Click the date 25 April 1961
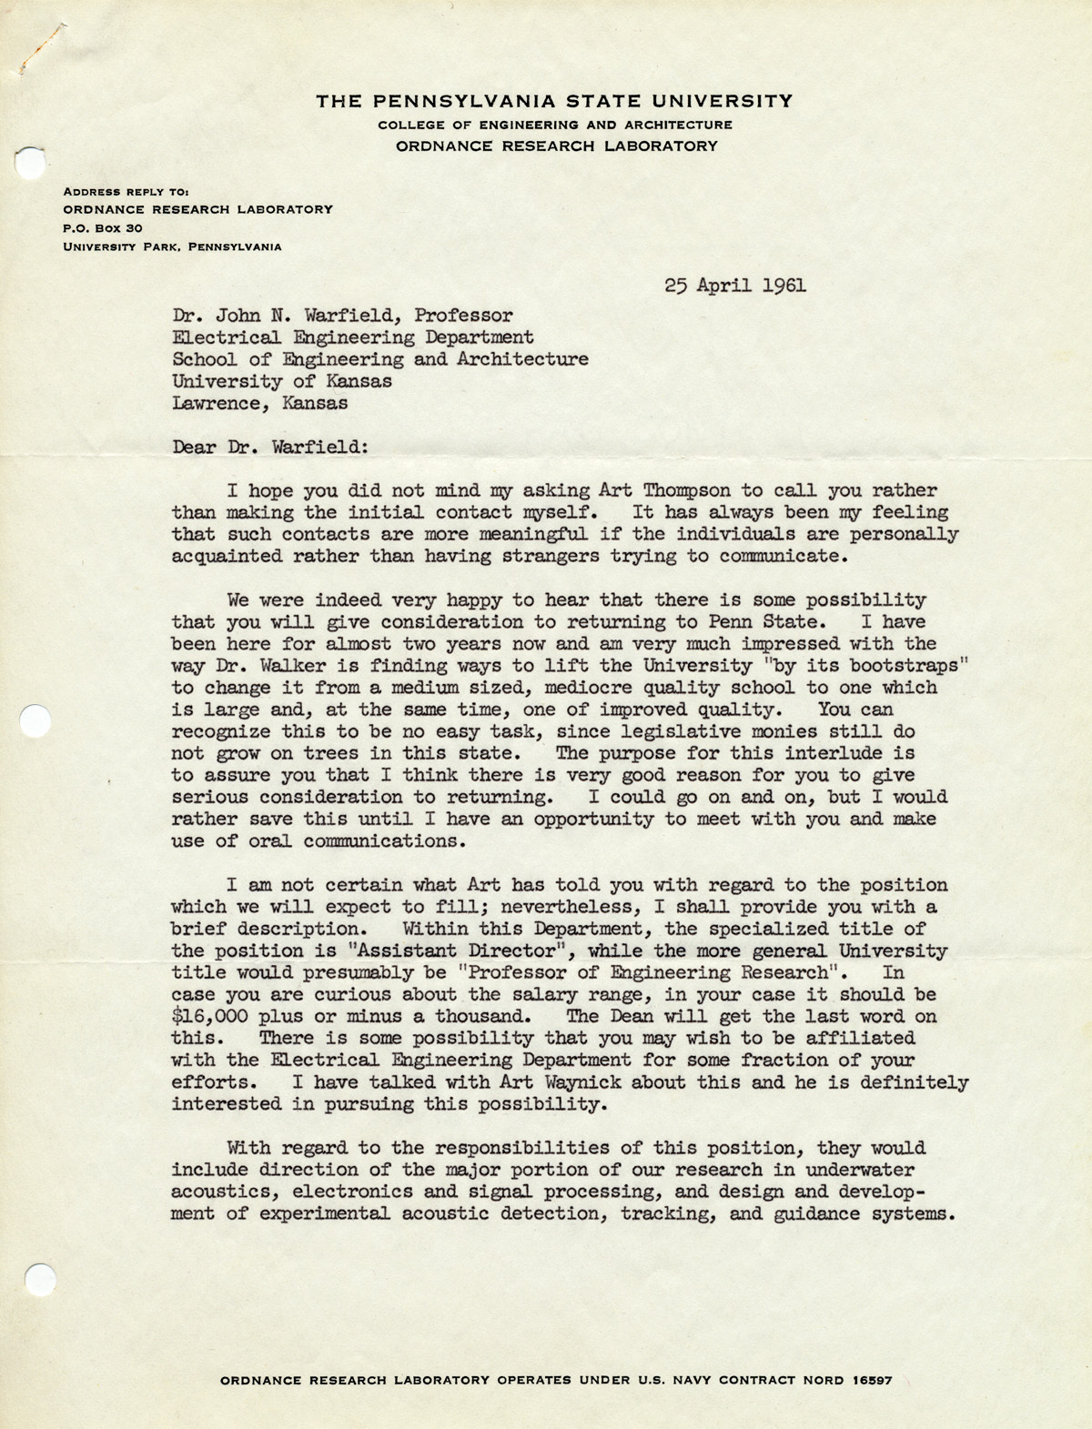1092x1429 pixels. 734,285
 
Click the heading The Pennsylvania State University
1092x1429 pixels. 554,101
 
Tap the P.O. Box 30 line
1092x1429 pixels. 99,227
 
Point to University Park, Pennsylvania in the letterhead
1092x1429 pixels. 172,246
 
